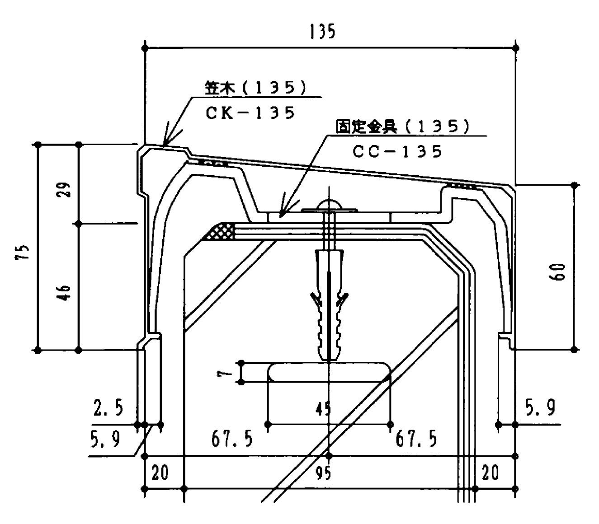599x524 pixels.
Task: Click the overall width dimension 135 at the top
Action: pos(322,32)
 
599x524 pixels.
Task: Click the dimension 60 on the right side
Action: pos(560,272)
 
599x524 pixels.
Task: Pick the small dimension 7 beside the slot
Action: pos(229,372)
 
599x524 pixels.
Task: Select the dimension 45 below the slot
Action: pos(323,409)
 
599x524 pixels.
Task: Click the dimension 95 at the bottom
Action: pos(323,473)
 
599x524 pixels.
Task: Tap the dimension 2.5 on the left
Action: pos(108,408)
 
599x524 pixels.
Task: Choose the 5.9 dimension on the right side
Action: pos(540,408)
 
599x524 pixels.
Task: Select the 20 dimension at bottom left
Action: pos(160,473)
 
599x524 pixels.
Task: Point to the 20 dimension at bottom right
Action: pos(491,473)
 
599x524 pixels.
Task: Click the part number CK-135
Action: pos(250,112)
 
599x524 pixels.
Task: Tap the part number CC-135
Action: pos(397,151)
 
